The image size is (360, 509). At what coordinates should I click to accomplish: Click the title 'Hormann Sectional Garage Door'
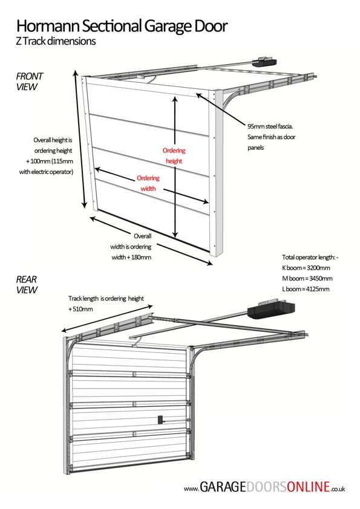(x=122, y=26)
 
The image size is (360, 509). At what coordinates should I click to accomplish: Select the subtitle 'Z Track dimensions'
(x=56, y=42)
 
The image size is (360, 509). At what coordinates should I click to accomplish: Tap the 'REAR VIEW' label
(x=27, y=285)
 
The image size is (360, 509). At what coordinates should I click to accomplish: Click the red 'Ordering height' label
(x=174, y=156)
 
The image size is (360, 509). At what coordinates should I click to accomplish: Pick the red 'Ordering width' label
(x=148, y=183)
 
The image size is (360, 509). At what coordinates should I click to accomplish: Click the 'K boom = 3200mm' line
(x=306, y=267)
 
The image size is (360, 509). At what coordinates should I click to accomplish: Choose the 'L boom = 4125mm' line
(x=306, y=289)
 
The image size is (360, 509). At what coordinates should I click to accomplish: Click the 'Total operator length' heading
(x=310, y=257)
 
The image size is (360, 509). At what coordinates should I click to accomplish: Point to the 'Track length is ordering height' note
(x=106, y=299)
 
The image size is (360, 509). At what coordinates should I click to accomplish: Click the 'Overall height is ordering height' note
(x=53, y=156)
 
